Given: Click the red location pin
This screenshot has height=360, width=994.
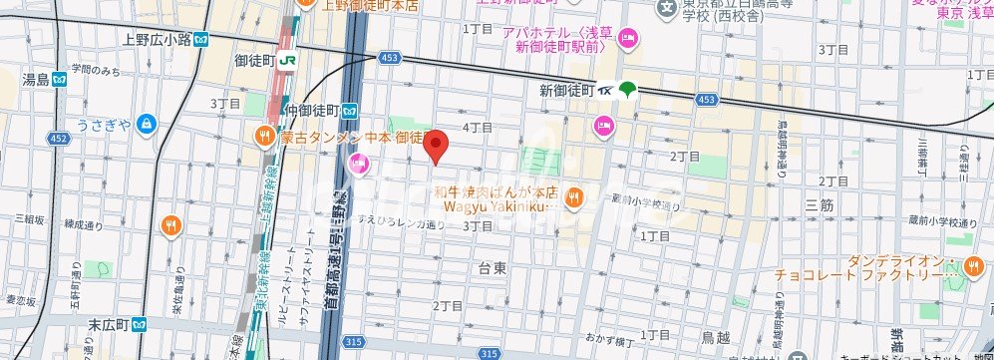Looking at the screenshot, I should click(435, 146).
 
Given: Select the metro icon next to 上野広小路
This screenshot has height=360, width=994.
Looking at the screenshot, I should click(202, 40).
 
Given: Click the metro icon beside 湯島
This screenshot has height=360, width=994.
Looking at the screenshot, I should click(59, 79).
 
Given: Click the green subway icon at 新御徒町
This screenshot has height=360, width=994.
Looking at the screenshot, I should click(627, 90).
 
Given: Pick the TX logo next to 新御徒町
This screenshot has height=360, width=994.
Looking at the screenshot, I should click(606, 90).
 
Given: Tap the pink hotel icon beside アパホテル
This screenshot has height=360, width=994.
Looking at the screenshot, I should click(628, 39).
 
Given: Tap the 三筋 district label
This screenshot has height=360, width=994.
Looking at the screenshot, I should click(819, 203).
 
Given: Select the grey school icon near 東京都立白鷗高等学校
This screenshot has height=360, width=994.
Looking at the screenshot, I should click(665, 8).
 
